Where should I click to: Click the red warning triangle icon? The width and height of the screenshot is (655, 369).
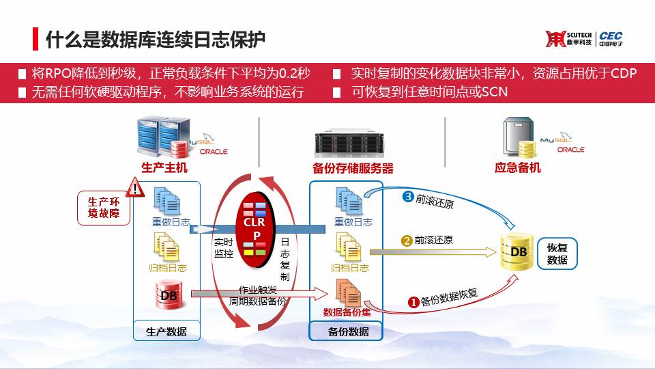135,188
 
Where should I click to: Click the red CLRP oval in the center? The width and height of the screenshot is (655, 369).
254,230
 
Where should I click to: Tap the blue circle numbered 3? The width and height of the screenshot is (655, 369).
408,196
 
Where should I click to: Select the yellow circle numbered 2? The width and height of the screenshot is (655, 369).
407,241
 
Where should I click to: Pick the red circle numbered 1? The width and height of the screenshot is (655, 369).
413,301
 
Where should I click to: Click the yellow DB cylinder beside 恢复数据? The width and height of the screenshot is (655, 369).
517,252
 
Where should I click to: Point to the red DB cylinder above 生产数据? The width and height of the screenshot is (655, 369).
169,295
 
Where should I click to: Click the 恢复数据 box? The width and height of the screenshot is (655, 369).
557,254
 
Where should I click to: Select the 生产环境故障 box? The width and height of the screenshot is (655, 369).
104,208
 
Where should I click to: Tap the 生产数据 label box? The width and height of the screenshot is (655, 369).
166,331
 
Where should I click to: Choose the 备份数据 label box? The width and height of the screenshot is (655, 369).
346,331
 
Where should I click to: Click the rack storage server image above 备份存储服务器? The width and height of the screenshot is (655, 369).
349,143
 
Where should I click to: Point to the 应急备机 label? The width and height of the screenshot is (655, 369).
518,168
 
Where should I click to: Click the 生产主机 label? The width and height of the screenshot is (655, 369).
164,168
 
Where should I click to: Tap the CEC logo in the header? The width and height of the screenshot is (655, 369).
611,38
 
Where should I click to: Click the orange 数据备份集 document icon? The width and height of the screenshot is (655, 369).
348,292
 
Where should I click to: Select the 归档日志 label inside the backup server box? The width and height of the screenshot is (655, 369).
349,268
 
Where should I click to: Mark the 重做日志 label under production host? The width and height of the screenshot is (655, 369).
171,221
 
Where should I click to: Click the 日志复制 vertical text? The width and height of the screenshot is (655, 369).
285,259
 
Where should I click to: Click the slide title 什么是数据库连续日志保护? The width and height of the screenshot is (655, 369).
156,40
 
